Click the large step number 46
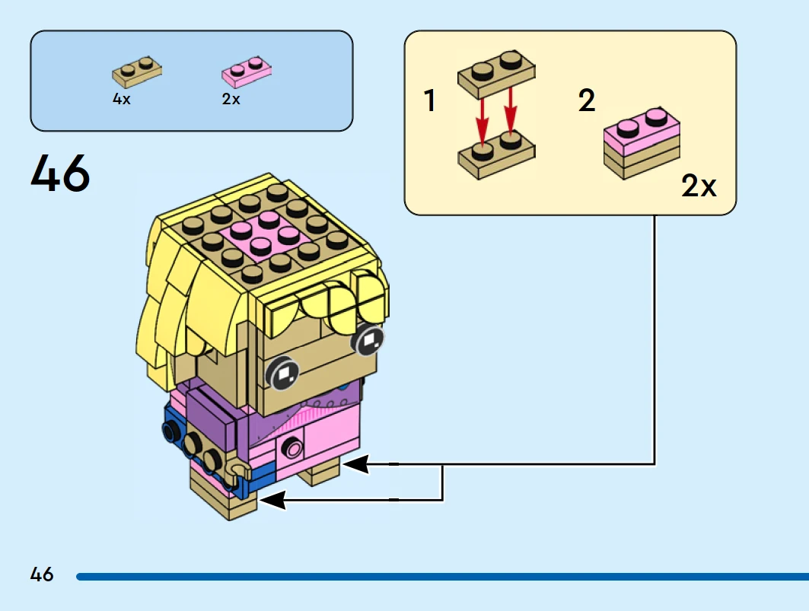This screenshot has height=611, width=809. point(60,173)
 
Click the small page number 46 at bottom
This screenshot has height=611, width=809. point(42,574)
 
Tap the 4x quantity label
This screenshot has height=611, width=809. point(122,99)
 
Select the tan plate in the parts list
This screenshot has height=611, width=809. point(137,72)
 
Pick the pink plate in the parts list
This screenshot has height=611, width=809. point(247,72)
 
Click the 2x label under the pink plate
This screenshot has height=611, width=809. point(231,99)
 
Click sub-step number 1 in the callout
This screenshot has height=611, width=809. point(430,100)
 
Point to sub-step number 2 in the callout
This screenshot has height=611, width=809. point(586,100)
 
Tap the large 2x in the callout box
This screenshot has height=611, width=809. point(699,186)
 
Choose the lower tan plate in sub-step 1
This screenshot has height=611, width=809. point(496,153)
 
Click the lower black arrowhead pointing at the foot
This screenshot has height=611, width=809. point(274,500)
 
